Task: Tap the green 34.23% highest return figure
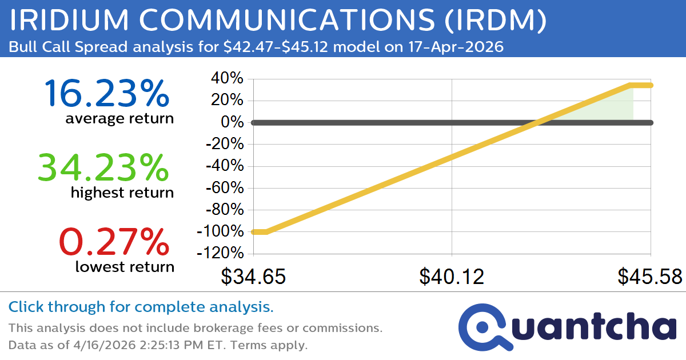[x=103, y=167]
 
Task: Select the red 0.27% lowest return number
[x=114, y=241]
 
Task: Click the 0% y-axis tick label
[x=233, y=122]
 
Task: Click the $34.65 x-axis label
[x=253, y=277]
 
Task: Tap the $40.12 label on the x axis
[x=452, y=277]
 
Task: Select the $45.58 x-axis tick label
[x=649, y=277]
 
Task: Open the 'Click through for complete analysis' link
[x=141, y=307]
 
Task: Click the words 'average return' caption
[x=119, y=119]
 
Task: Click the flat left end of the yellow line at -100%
[x=259, y=231]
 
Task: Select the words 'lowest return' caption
[x=124, y=266]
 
